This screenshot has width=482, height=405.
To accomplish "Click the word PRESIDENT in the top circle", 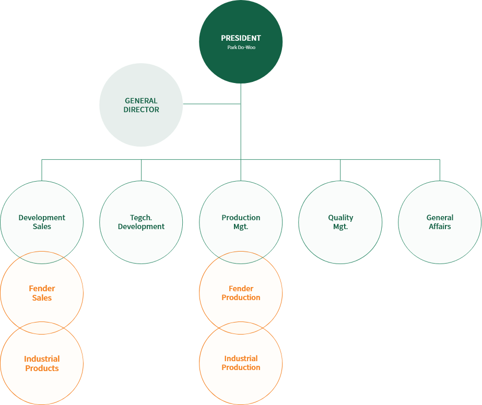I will pyautogui.click(x=241, y=38).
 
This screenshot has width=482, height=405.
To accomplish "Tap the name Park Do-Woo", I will pyautogui.click(x=241, y=47).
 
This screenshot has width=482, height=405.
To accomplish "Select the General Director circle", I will pyautogui.click(x=141, y=105).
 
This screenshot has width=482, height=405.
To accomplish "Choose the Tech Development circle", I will pyautogui.click(x=141, y=222).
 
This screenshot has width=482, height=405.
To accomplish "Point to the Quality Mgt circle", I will pyautogui.click(x=340, y=222).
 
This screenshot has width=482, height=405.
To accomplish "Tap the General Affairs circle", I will pyautogui.click(x=440, y=222).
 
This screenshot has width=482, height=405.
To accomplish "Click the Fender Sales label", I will pyautogui.click(x=42, y=293).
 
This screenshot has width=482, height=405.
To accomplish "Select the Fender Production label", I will pyautogui.click(x=241, y=293).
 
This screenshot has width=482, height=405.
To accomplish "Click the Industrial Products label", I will pyautogui.click(x=42, y=363).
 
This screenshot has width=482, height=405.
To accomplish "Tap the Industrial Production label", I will pyautogui.click(x=241, y=363).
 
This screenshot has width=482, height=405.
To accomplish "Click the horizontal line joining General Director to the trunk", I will pyautogui.click(x=211, y=104).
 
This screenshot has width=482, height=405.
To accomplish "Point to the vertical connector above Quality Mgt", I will pyautogui.click(x=340, y=170).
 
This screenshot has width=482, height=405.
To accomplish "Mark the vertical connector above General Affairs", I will pyautogui.click(x=440, y=170).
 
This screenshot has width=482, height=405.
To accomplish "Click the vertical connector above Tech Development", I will pyautogui.click(x=141, y=170).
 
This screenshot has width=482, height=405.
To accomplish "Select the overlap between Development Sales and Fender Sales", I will pyautogui.click(x=42, y=257).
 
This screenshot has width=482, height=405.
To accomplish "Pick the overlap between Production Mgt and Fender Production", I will pyautogui.click(x=241, y=257).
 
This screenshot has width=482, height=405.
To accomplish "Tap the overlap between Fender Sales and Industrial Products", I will pyautogui.click(x=42, y=328).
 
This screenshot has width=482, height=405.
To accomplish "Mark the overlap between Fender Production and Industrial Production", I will pyautogui.click(x=241, y=328).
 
